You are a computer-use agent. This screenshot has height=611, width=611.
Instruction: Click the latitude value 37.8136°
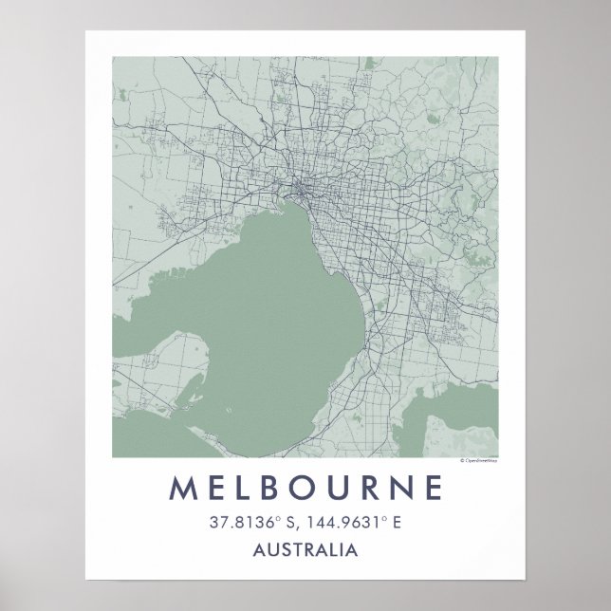pyautogui.click(x=237, y=522)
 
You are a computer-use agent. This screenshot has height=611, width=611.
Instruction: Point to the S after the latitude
pyautogui.click(x=285, y=522)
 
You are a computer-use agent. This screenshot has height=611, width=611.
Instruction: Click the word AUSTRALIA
pyautogui.click(x=305, y=549)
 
